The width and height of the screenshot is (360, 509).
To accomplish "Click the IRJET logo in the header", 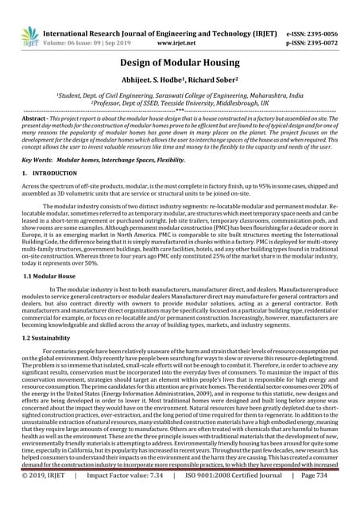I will [30, 36].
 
